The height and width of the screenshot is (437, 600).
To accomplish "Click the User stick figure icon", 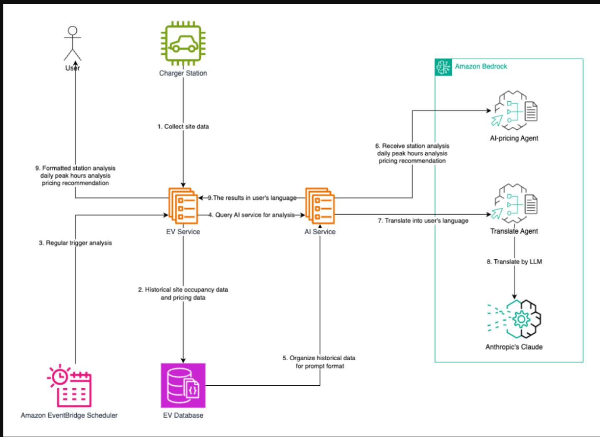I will (x=73, y=43).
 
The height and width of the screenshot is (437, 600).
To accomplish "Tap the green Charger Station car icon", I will (x=183, y=43).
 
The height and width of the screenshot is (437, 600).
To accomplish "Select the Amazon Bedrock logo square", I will (x=443, y=67).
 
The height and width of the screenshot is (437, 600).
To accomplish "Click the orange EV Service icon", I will (x=183, y=206).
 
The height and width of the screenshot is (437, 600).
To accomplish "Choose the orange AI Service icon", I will (x=320, y=206).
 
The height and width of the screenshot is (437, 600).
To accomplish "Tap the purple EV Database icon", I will (x=183, y=385).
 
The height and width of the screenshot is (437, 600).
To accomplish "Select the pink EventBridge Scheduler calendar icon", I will (x=70, y=386).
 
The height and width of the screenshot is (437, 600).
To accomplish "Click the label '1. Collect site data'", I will (x=183, y=126).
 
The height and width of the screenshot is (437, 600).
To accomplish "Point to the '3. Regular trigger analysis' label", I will (x=75, y=243).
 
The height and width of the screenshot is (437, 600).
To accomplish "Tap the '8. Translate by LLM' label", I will (x=514, y=262).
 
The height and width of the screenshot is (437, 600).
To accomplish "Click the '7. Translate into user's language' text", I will (x=423, y=221).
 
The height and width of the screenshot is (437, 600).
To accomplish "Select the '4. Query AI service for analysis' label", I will (x=251, y=215).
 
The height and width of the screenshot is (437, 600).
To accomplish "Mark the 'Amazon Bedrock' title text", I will (x=481, y=66).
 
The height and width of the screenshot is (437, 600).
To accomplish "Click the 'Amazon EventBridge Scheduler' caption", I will (x=69, y=415).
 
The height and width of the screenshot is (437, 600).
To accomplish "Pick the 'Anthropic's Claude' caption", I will (x=514, y=347).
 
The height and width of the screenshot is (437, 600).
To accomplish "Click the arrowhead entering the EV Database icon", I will (x=183, y=360).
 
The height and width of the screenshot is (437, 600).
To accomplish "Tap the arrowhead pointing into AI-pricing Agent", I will (x=489, y=111).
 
